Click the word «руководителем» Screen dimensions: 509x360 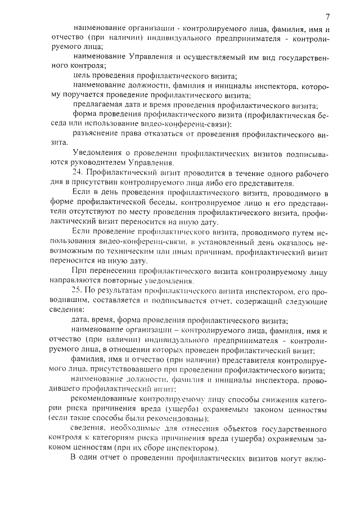click(93, 162)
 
